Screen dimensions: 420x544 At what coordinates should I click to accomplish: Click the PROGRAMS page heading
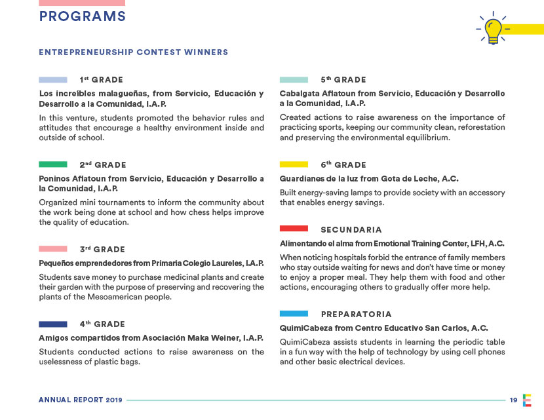[x=82, y=17]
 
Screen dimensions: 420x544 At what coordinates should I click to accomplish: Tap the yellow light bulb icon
[x=494, y=28]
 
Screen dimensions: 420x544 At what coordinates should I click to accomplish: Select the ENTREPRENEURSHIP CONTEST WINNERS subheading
[x=134, y=52]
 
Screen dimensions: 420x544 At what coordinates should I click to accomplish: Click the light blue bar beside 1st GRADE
[x=52, y=80]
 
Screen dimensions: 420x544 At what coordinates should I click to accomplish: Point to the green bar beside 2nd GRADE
[x=52, y=164]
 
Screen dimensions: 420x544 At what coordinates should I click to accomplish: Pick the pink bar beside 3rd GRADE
[x=52, y=249]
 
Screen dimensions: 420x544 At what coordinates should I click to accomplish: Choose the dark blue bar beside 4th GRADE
[x=52, y=324]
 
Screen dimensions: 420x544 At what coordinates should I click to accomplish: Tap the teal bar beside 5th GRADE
[x=294, y=80]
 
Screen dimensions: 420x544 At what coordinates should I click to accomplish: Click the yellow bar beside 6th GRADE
[x=294, y=164]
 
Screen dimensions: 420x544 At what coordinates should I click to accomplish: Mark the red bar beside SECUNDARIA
[x=294, y=229]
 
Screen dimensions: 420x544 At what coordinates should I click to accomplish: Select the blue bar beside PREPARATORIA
[x=294, y=314]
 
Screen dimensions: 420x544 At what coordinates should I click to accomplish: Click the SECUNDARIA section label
[x=351, y=230]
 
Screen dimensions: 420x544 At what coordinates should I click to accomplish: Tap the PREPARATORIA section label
[x=357, y=315]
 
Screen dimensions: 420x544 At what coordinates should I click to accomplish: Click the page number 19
[x=514, y=400]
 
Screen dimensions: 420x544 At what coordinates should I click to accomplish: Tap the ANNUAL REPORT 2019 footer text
[x=81, y=400]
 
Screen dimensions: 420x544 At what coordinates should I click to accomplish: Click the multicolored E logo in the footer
[x=528, y=400]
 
